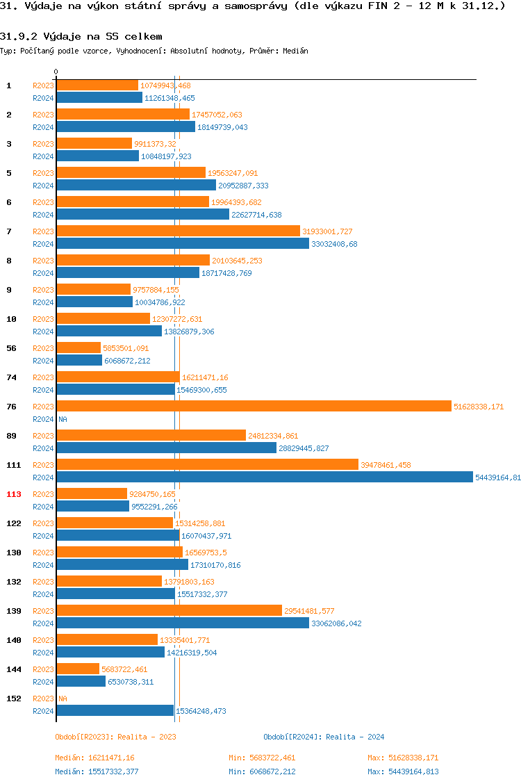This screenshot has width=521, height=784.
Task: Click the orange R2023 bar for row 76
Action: [254, 406]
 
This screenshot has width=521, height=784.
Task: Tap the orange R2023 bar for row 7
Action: [178, 231]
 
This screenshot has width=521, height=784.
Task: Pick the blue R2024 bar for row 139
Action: [183, 623]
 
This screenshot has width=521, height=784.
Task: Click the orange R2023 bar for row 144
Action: [78, 669]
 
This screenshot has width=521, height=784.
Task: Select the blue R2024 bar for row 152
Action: [115, 710]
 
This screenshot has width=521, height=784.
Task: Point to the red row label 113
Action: [13, 494]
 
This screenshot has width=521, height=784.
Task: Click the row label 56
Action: [11, 348]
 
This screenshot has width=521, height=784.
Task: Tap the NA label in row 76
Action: [63, 419]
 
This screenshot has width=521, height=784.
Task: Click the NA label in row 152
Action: [63, 699]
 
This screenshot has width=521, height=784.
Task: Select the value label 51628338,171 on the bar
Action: [478, 407]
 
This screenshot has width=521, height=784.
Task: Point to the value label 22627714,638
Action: [256, 215]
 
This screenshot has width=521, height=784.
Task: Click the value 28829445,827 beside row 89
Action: [304, 448]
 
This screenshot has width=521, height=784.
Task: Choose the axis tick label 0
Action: [56, 72]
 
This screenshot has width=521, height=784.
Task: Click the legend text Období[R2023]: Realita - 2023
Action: [115, 737]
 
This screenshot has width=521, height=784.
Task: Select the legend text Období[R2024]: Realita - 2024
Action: [324, 737]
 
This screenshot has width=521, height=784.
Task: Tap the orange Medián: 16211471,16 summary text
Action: [94, 758]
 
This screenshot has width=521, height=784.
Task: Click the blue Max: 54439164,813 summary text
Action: [403, 771]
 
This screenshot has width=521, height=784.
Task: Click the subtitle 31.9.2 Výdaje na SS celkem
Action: [81, 35]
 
